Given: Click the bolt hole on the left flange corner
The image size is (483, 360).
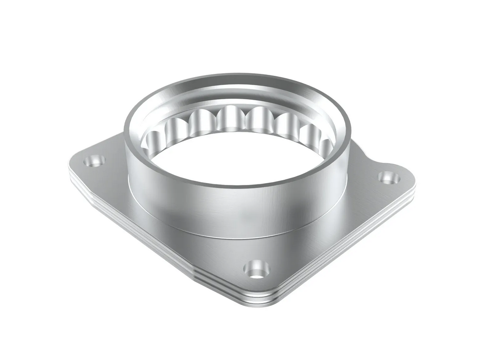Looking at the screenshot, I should click(x=95, y=161).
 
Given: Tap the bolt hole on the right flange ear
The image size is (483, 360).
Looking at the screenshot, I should click(x=389, y=178).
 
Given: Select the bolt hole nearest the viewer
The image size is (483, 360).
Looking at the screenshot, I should click(x=257, y=270).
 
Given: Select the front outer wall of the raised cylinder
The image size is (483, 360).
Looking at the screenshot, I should click(x=235, y=207).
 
